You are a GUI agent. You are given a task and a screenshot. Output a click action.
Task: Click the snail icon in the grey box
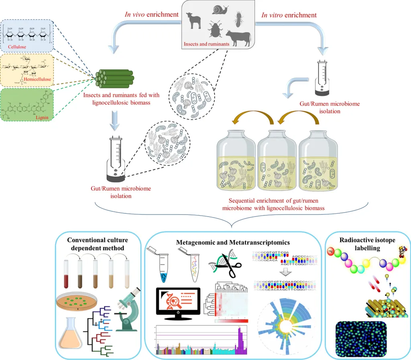(221, 10)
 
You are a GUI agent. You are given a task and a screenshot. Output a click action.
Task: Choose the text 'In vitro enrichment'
(289, 15)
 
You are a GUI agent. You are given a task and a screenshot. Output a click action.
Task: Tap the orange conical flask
(71, 337)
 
